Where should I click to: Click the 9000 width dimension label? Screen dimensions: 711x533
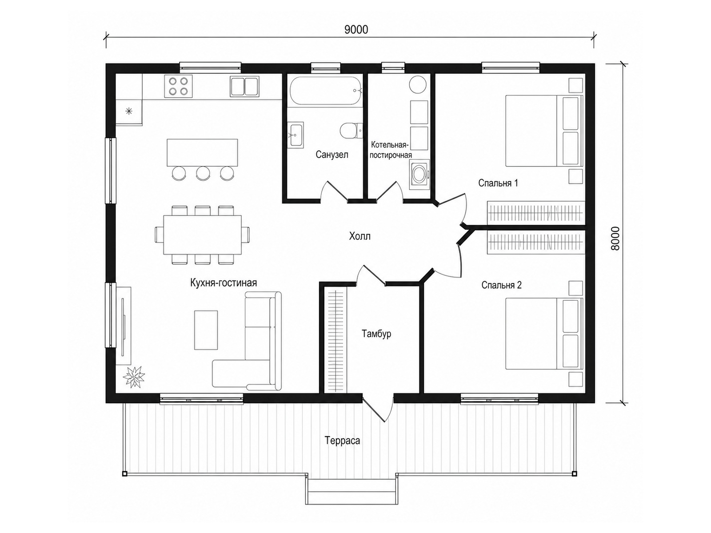pyautogui.click(x=356, y=30)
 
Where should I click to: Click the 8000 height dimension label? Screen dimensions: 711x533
pyautogui.click(x=615, y=238)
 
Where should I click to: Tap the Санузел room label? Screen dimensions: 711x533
pyautogui.click(x=332, y=155)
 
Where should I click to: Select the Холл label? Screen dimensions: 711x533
pyautogui.click(x=359, y=236)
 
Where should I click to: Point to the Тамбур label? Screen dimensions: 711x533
pyautogui.click(x=376, y=334)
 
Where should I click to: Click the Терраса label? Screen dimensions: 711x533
pyautogui.click(x=342, y=441)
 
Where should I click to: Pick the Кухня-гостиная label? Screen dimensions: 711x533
pyautogui.click(x=224, y=283)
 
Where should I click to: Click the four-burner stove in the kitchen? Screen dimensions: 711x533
pyautogui.click(x=178, y=86)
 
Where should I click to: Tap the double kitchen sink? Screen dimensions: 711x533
pyautogui.click(x=244, y=86)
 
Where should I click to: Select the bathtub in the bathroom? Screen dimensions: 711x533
pyautogui.click(x=326, y=91)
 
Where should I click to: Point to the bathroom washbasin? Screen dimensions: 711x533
pyautogui.click(x=295, y=135)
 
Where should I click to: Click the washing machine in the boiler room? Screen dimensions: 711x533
pyautogui.click(x=419, y=175)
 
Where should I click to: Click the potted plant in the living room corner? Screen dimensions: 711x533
pyautogui.click(x=133, y=376)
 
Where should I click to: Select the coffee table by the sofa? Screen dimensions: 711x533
pyautogui.click(x=206, y=330)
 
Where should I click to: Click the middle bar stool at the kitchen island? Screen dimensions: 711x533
pyautogui.click(x=203, y=173)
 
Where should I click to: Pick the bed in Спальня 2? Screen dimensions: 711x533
pyautogui.click(x=544, y=333)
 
